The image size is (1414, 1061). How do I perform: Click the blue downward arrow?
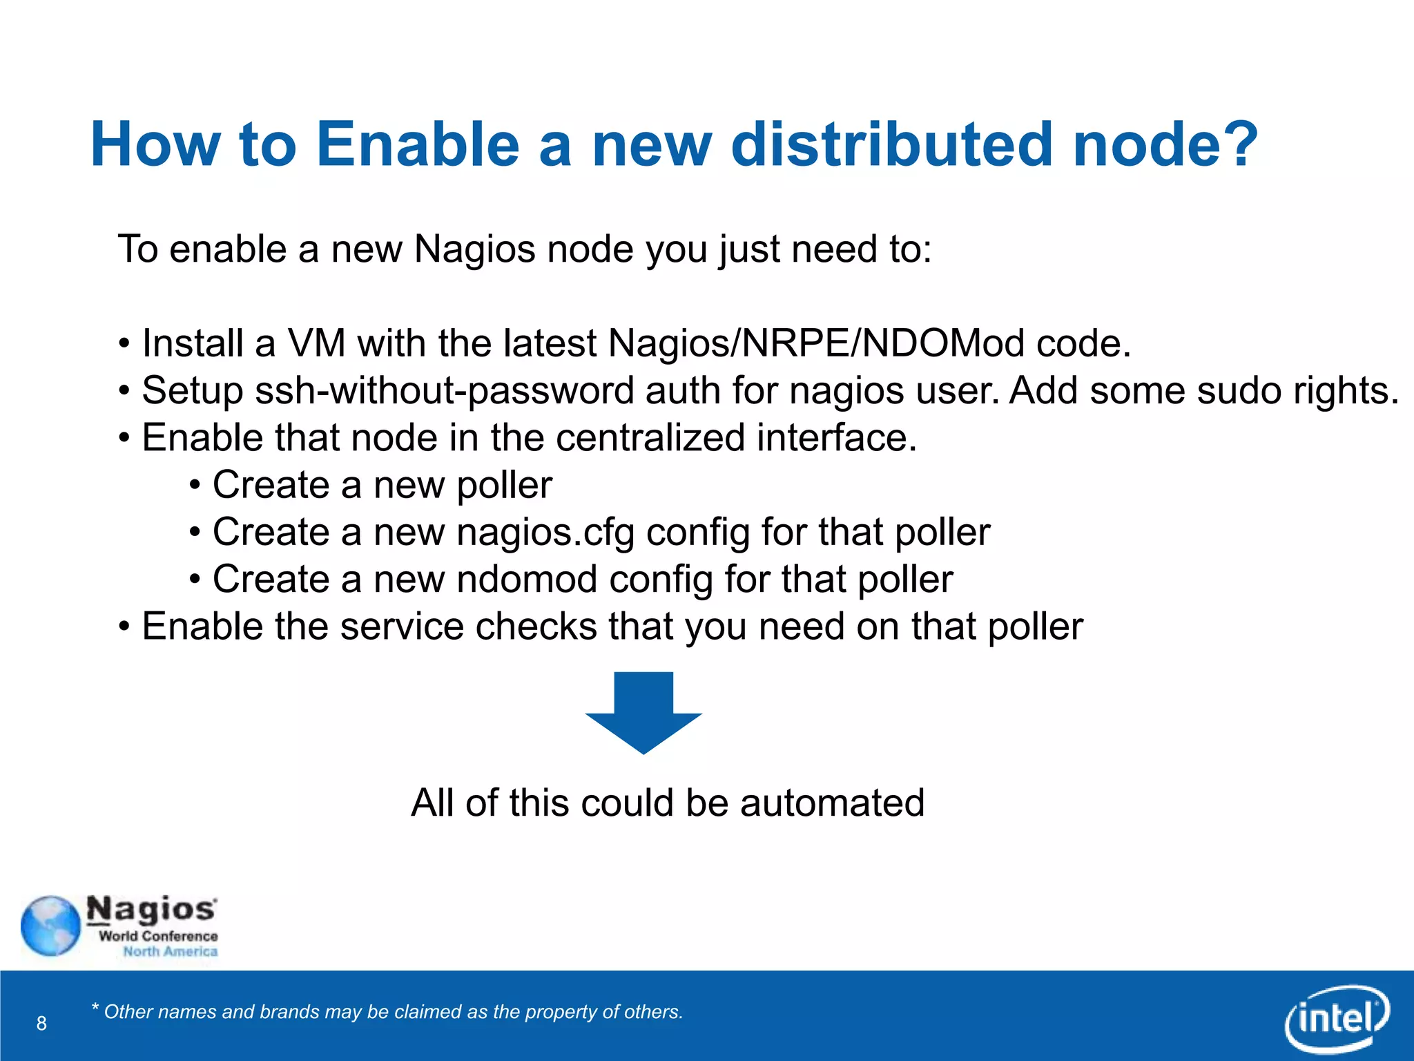click(643, 711)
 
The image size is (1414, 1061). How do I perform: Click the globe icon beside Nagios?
click(50, 926)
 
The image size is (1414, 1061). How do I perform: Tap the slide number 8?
click(41, 1023)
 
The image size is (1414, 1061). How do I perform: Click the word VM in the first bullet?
click(316, 343)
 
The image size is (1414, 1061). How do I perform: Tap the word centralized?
click(650, 438)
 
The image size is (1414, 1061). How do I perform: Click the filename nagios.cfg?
click(545, 533)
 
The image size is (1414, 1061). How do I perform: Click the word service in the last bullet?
click(401, 627)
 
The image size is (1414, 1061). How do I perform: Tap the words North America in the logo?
click(170, 951)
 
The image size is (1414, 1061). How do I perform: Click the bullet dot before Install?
click(124, 343)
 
